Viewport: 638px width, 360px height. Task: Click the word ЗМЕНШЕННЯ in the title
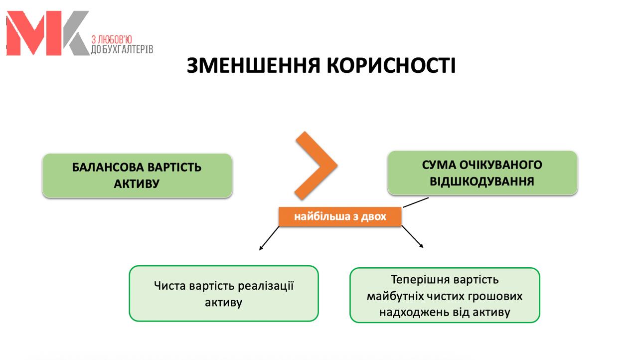coord(253,65)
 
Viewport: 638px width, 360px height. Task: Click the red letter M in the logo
coord(33,33)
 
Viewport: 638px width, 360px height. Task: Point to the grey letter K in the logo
coord(76,33)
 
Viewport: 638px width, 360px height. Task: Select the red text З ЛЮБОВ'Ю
coord(112,39)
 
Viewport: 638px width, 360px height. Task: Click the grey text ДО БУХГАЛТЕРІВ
coord(122,49)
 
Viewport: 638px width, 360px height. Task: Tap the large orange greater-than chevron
coord(316,166)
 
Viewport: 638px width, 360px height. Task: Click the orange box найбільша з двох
coord(340,217)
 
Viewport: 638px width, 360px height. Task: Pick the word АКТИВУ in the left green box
coord(137,183)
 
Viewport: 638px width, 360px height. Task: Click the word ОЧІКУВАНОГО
coord(501,165)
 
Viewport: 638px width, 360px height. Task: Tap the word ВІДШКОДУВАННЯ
coord(482,181)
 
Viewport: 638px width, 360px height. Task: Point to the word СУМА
coord(439,165)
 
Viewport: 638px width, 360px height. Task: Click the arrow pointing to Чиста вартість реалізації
coord(269,238)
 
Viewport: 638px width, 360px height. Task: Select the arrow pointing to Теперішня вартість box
coord(412,237)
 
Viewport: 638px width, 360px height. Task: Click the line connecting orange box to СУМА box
coord(416,202)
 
